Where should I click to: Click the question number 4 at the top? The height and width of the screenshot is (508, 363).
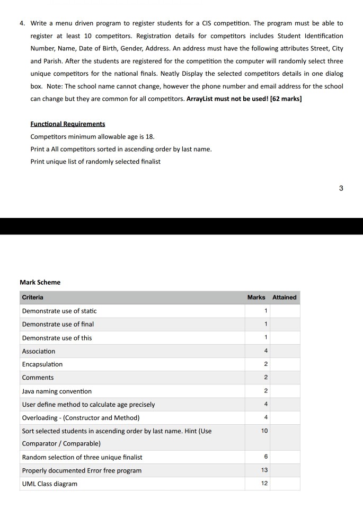pos(22,23)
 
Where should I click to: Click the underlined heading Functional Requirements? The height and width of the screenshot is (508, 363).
pos(68,124)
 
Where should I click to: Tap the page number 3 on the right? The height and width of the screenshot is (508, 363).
pos(341,188)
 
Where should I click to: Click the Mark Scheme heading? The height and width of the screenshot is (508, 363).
pos(40,282)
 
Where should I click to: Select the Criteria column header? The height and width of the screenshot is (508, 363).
pos(33,297)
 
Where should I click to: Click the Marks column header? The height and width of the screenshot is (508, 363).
pos(256,297)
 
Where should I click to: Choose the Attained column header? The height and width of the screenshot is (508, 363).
pos(285,297)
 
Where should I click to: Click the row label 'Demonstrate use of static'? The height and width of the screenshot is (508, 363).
pos(59,311)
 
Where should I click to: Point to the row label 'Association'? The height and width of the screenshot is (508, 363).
pos(39,351)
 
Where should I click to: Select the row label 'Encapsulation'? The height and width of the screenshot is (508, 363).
pos(42,364)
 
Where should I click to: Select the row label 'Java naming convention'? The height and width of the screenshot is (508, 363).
pos(57,391)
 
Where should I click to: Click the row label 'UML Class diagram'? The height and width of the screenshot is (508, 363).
pos(50,484)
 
